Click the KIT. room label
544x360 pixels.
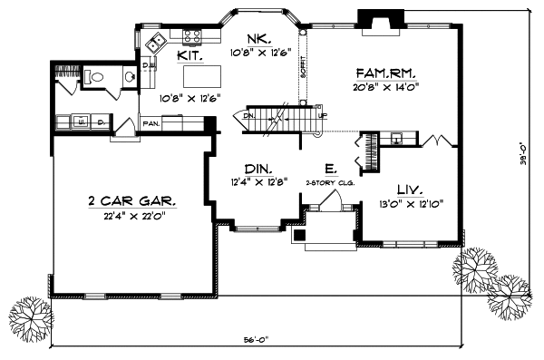[x=189, y=55]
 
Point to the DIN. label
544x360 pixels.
[x=259, y=167]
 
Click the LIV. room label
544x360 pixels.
[x=406, y=190]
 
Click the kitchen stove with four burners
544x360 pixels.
[x=192, y=36]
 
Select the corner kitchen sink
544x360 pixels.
[x=156, y=42]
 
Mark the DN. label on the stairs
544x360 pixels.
[x=249, y=115]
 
